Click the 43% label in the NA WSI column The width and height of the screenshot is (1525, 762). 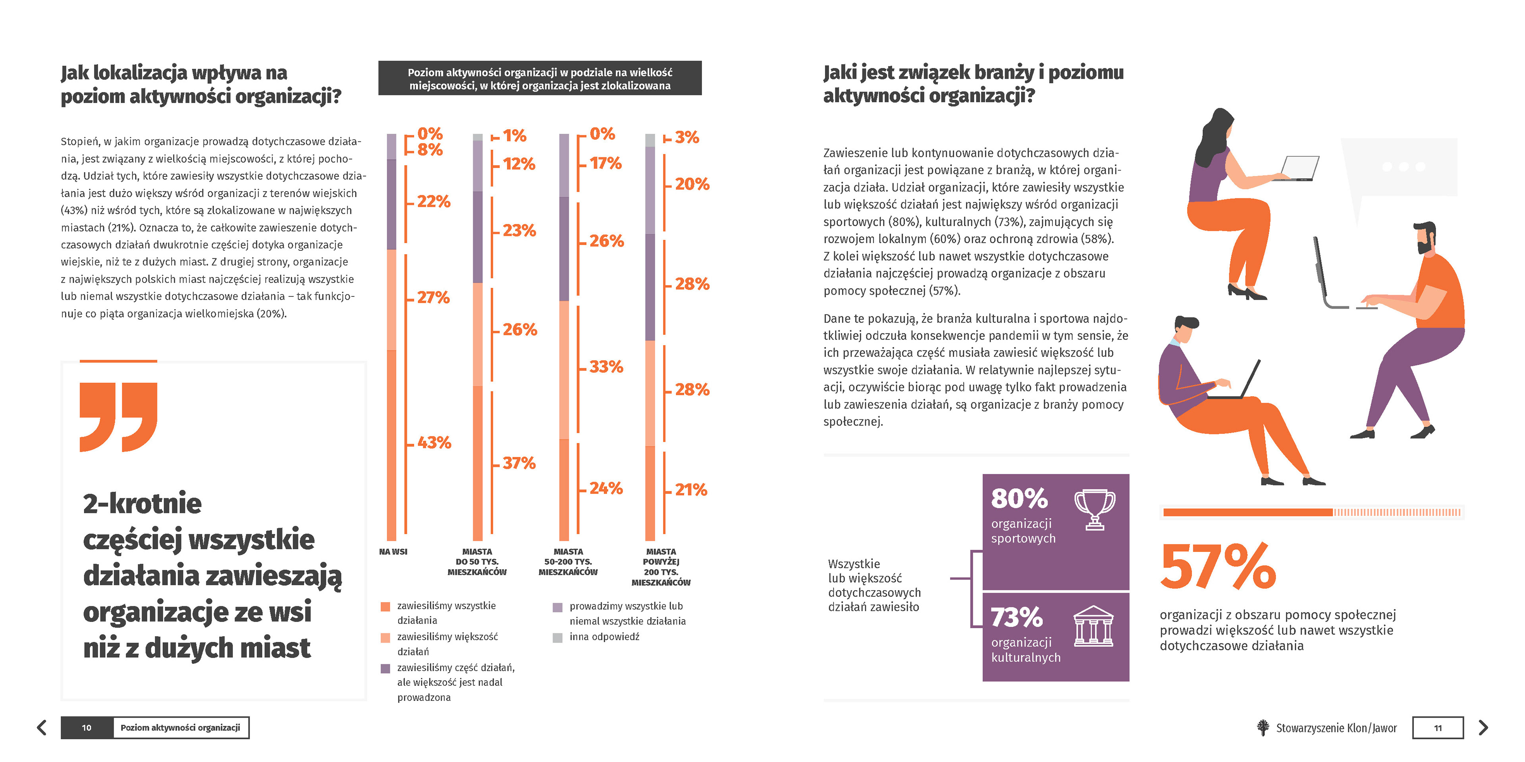point(434,443)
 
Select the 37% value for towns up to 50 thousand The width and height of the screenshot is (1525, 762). point(519,463)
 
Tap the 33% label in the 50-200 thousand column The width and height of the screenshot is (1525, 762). point(606,367)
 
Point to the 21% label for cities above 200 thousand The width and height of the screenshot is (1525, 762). point(691,490)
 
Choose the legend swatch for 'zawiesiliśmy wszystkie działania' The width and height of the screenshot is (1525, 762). point(385,606)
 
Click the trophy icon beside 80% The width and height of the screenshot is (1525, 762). point(1095,509)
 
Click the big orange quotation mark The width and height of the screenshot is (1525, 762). point(118,417)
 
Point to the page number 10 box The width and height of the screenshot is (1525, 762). point(87,728)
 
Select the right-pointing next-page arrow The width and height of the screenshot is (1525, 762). point(1483,728)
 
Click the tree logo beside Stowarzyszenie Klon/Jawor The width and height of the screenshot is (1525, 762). point(1263,728)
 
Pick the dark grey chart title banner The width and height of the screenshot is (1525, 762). point(540,78)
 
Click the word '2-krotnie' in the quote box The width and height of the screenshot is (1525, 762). point(142,504)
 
